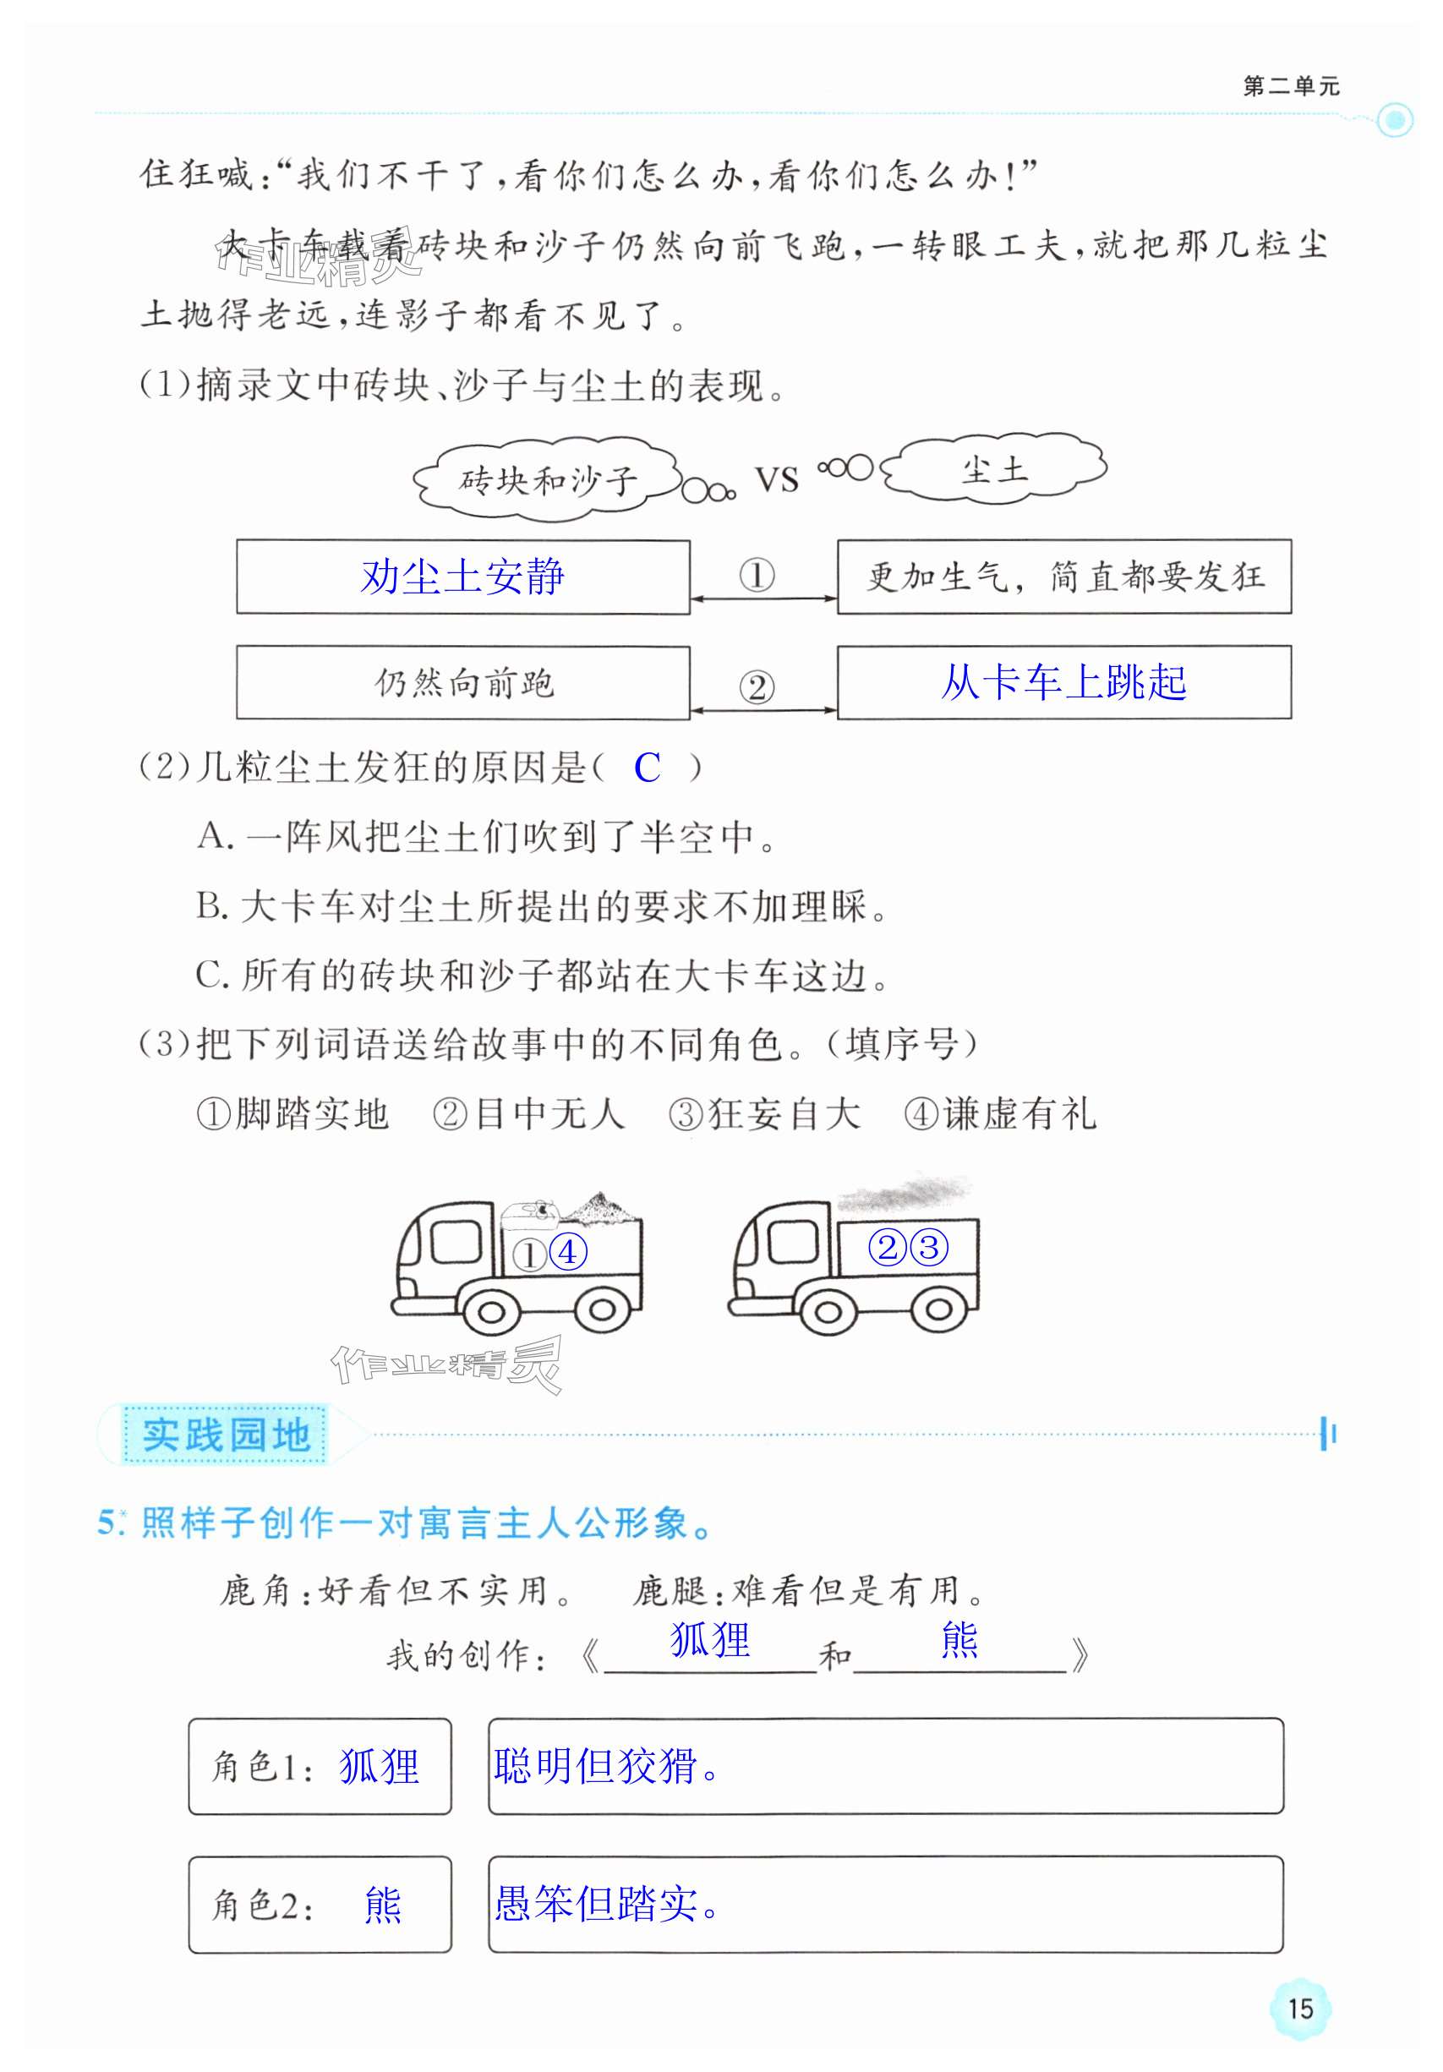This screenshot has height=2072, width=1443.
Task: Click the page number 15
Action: tap(1299, 2009)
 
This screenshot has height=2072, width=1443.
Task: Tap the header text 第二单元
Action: tap(1292, 86)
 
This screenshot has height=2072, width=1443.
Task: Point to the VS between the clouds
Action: tap(776, 479)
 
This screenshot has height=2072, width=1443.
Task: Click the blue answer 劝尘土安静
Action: tap(462, 577)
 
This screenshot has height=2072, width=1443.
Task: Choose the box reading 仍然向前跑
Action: tap(464, 683)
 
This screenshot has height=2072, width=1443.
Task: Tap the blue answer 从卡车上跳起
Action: tap(1063, 682)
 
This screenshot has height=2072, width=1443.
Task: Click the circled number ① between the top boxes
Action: tap(757, 575)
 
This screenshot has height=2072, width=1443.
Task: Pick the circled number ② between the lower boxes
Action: tap(757, 687)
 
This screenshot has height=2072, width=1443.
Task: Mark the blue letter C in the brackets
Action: tap(647, 768)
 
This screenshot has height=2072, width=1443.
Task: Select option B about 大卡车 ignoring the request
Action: tap(542, 907)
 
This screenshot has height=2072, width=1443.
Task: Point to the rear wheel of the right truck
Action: tap(938, 1309)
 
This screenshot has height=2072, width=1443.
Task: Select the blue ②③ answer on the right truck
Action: tap(908, 1248)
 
